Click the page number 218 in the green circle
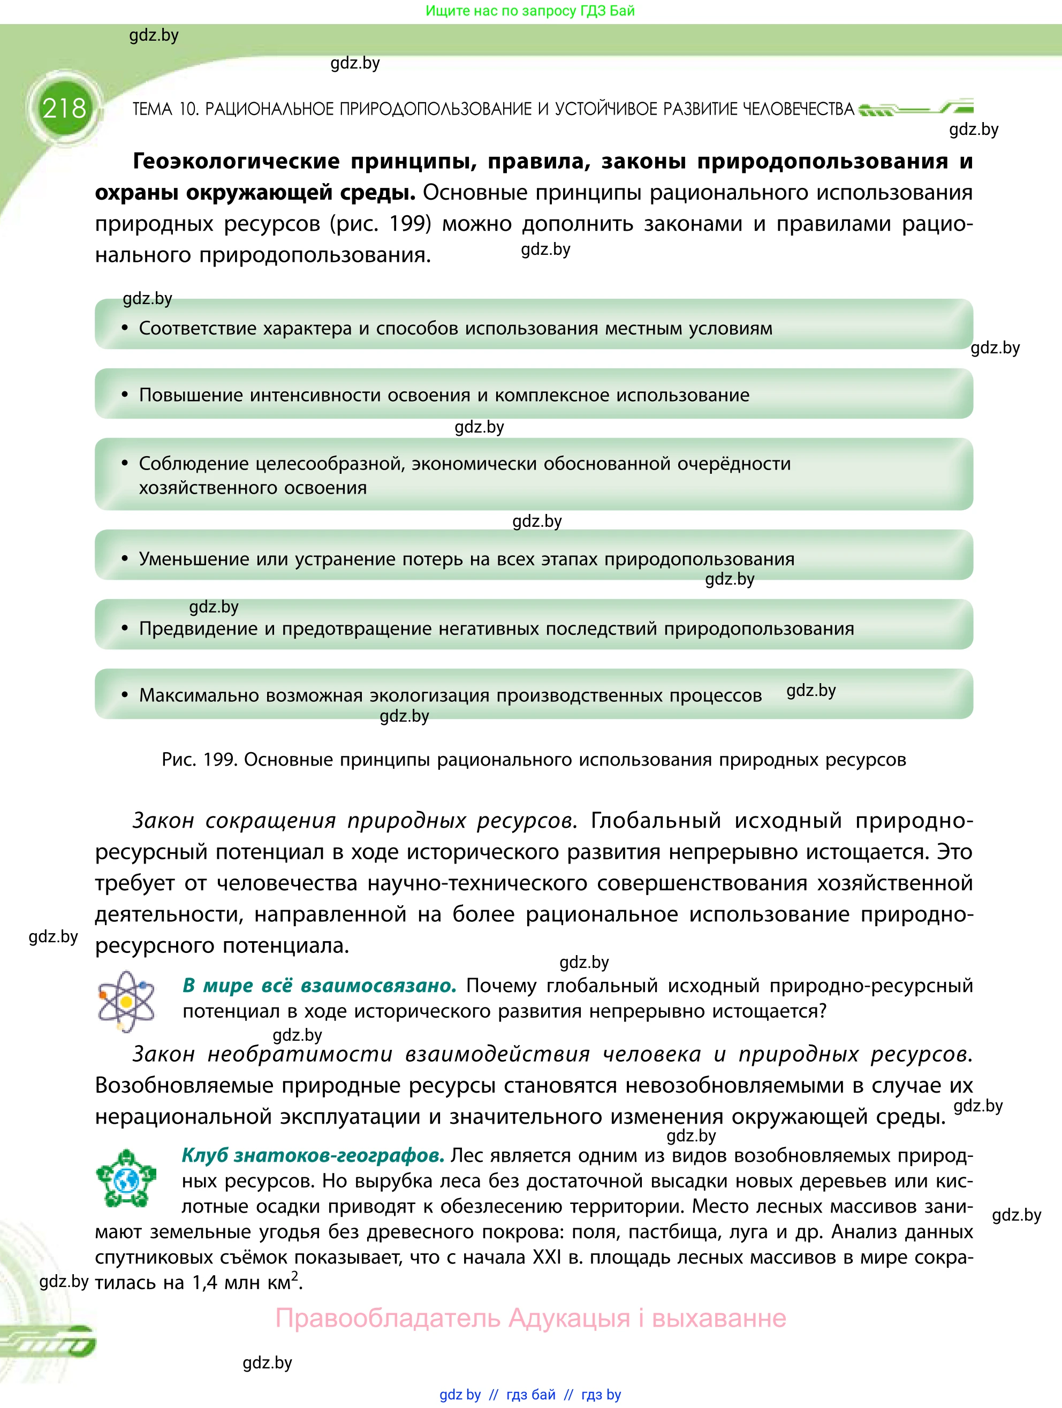coord(64,109)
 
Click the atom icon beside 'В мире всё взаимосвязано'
coord(126,1001)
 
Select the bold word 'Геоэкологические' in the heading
coord(236,162)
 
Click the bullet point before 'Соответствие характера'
coord(125,329)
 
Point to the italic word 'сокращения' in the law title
coord(270,821)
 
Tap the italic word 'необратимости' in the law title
coord(300,1055)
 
